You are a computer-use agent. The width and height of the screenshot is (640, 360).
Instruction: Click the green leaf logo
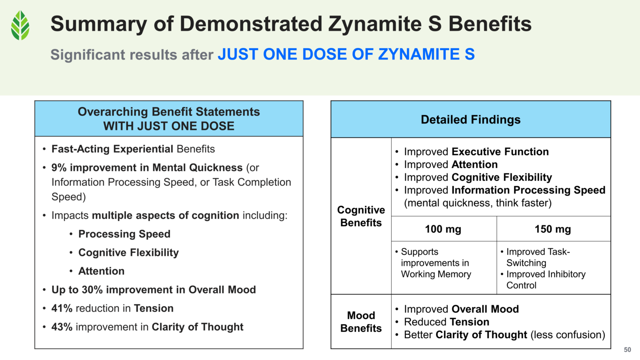click(x=20, y=25)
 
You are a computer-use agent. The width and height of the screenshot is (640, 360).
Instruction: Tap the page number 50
click(x=628, y=350)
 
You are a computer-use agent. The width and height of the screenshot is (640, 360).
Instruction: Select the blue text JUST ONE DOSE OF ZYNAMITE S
click(x=346, y=54)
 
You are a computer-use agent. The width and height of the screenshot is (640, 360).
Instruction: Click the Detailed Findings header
click(x=470, y=119)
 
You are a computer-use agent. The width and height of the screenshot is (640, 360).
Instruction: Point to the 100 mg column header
click(x=443, y=229)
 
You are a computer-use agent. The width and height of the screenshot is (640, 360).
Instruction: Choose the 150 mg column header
click(x=552, y=229)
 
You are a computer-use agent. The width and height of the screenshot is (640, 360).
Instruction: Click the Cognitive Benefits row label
click(x=361, y=216)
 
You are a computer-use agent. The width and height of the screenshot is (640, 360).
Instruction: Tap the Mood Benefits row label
click(x=361, y=322)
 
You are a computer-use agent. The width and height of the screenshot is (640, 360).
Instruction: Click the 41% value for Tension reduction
click(x=62, y=308)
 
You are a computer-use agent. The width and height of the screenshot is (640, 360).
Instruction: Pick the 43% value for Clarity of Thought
click(x=62, y=327)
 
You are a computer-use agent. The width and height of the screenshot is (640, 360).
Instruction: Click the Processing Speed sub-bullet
click(x=124, y=234)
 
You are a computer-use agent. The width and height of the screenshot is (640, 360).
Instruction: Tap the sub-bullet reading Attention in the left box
click(x=101, y=271)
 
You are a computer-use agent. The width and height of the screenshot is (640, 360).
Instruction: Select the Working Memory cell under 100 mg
click(x=436, y=263)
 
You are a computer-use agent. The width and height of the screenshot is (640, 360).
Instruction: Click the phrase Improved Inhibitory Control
click(x=546, y=280)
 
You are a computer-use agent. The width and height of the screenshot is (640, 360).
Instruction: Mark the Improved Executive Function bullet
click(x=476, y=152)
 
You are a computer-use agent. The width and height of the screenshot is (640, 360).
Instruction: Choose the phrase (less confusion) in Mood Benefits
click(x=568, y=335)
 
